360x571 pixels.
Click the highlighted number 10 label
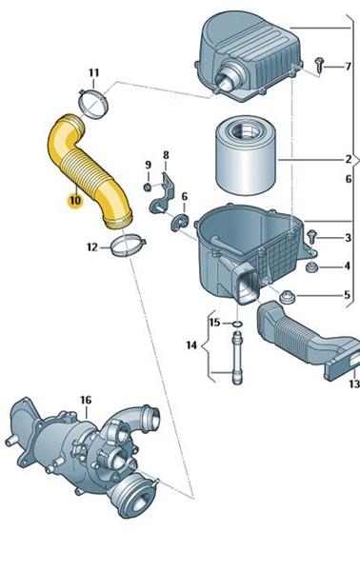click(75, 201)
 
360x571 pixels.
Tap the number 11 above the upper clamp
click(94, 73)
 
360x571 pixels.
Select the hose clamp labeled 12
click(128, 246)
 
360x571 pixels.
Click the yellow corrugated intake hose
click(89, 170)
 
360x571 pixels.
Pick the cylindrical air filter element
click(246, 155)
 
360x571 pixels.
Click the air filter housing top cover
click(249, 56)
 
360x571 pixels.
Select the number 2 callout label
click(349, 159)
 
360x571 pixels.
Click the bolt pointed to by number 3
click(311, 236)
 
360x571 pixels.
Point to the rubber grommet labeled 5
click(288, 296)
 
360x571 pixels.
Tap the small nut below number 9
click(148, 187)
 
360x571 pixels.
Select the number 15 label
click(214, 323)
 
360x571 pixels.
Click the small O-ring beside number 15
click(237, 324)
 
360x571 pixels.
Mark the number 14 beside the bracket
click(191, 345)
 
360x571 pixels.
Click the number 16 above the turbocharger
click(86, 401)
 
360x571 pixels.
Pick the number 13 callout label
click(354, 384)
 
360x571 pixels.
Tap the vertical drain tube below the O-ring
click(237, 357)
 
